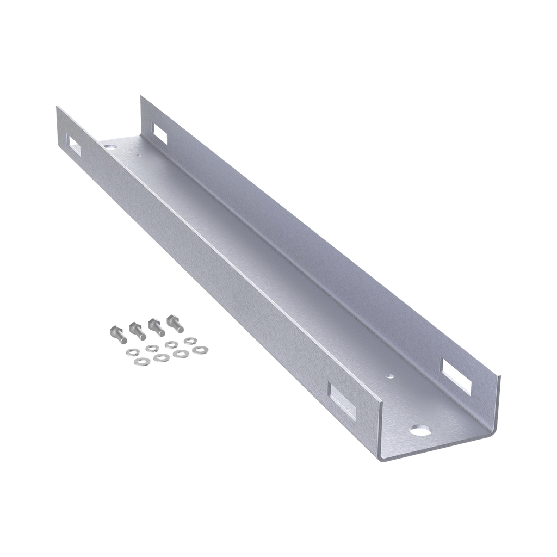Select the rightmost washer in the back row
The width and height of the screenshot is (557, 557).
pyautogui.click(x=189, y=341)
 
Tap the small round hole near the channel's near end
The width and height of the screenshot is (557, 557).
pyautogui.click(x=389, y=375)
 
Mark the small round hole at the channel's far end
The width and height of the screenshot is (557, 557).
pyautogui.click(x=140, y=156)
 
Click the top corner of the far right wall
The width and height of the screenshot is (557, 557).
pyautogui.click(x=140, y=96)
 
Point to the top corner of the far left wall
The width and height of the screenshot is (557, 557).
pyautogui.click(x=57, y=107)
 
